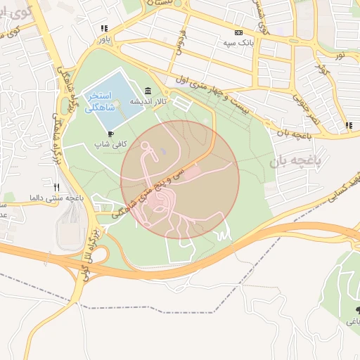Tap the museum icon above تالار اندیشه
point(147,91)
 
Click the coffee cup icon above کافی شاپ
point(110,133)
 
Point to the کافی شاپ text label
point(111,143)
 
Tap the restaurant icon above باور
point(104,29)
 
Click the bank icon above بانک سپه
point(238,32)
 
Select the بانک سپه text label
point(238,43)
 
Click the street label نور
point(340,55)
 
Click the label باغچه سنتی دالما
point(56,198)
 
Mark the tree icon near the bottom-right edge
point(357,309)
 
